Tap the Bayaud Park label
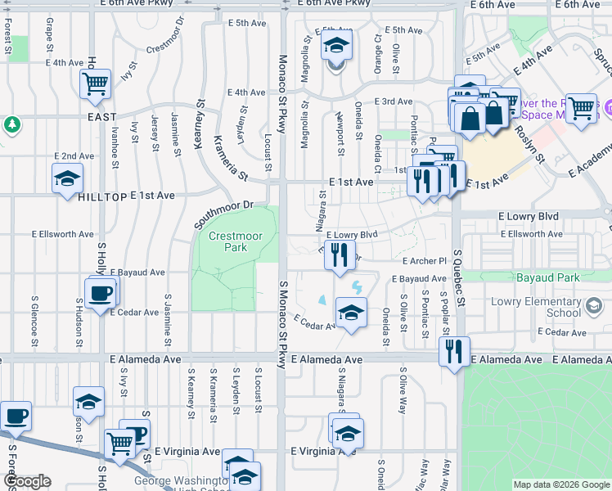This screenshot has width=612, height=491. point(547,278)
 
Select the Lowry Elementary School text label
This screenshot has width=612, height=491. point(535,307)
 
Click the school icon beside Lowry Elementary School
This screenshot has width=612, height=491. point(594,307)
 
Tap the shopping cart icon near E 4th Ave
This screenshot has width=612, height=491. point(96,83)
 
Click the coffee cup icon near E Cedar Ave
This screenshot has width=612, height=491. point(101,292)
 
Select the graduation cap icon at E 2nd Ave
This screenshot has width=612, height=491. point(68,178)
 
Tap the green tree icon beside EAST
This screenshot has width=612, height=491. point(12,124)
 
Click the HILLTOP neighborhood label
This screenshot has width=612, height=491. point(102,197)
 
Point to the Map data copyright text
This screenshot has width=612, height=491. point(560,484)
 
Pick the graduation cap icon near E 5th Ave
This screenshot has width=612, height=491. point(335,47)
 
